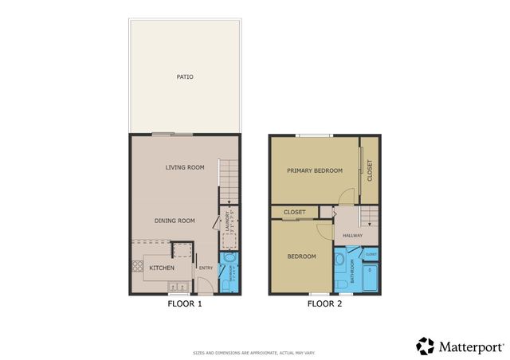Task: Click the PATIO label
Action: point(185,77)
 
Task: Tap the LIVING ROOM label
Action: point(185,167)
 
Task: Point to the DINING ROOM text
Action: point(175,221)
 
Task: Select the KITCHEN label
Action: point(162,268)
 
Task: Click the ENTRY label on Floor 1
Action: point(206,268)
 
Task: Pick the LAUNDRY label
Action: point(227,221)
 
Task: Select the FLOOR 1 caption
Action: point(185,303)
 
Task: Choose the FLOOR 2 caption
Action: point(324,303)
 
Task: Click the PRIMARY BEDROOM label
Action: point(315,170)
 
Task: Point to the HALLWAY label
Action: point(353,235)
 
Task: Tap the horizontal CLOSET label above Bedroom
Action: point(295,213)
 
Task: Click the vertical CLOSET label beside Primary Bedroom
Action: point(369,170)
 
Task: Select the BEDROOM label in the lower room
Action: point(302,256)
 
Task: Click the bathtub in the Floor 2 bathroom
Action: point(370,277)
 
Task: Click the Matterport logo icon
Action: point(426,346)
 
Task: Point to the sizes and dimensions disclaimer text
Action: point(254,352)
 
